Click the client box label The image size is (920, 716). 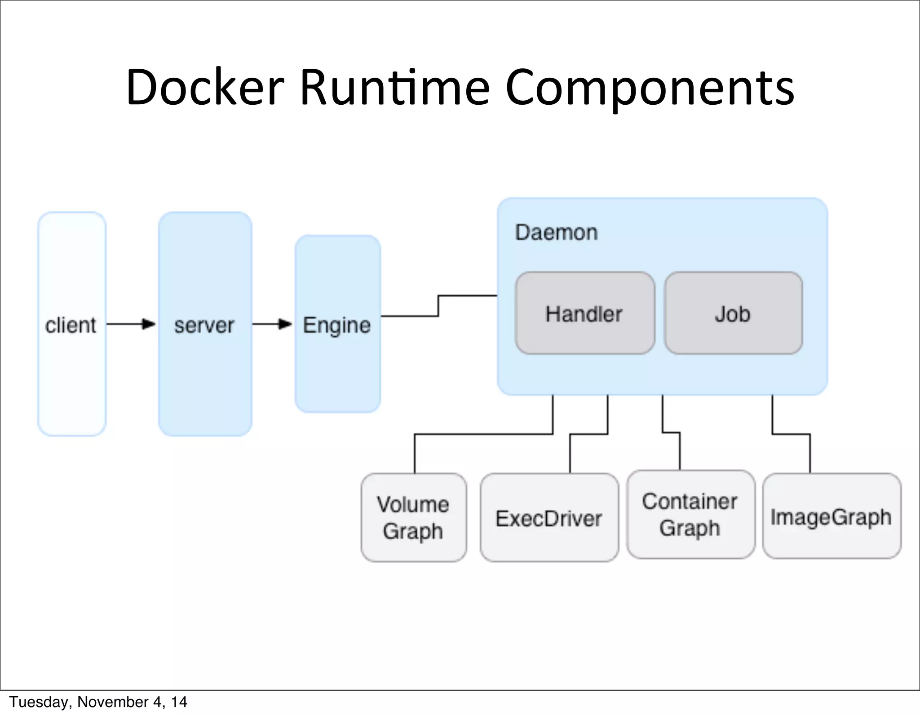tap(71, 325)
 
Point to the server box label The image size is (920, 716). tap(204, 325)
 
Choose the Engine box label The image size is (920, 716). tap(337, 325)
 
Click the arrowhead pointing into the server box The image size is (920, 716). tap(149, 324)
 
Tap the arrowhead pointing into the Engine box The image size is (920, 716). tap(285, 324)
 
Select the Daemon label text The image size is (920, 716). tap(556, 233)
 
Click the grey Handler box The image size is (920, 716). tap(584, 313)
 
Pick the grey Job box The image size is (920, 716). tap(733, 313)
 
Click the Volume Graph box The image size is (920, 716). tap(413, 517)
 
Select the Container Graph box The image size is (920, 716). tap(690, 515)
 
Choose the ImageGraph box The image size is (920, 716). tap(832, 516)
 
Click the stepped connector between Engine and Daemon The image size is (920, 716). tap(438, 306)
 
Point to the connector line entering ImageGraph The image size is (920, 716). tap(810, 454)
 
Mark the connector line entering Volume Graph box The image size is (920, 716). tap(415, 454)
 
